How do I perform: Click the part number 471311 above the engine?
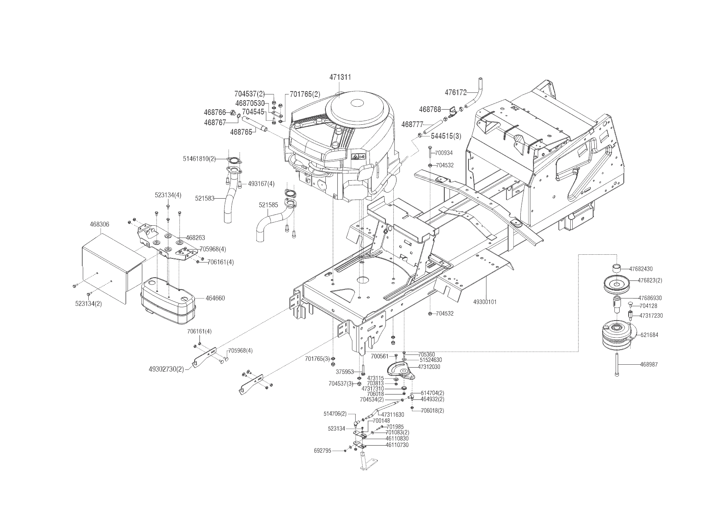tap(341, 77)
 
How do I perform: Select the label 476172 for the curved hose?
tap(456, 93)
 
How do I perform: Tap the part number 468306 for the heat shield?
tap(99, 224)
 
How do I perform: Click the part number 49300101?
tap(485, 302)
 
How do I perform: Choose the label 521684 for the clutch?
tap(650, 335)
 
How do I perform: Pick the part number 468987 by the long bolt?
tap(650, 364)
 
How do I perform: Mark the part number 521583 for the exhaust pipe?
tap(205, 198)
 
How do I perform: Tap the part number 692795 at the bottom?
tap(322, 451)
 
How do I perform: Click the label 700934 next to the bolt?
tap(444, 153)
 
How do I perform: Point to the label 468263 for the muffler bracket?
tap(195, 237)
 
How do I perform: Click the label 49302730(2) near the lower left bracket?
tap(166, 369)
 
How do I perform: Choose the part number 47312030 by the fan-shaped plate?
tap(429, 367)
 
